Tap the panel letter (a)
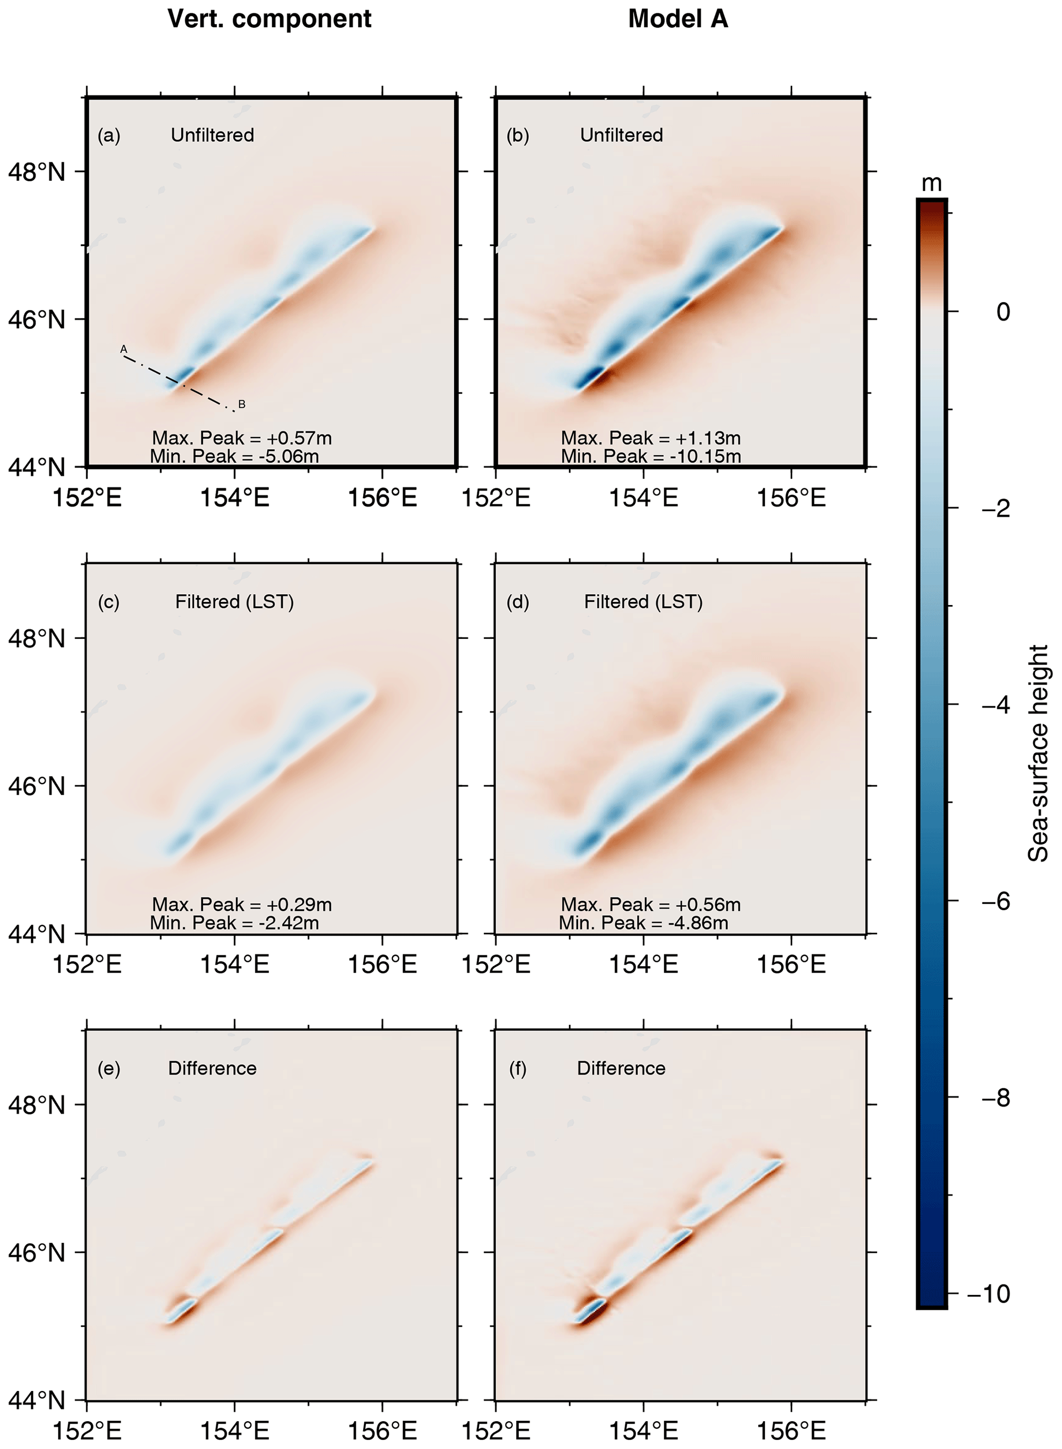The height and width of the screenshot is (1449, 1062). click(x=108, y=136)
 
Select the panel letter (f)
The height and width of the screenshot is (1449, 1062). click(x=517, y=1068)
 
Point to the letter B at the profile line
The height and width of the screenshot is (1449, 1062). click(x=241, y=404)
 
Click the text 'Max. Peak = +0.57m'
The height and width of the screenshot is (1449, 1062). click(x=241, y=438)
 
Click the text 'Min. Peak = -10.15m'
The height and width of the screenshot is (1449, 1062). click(x=650, y=456)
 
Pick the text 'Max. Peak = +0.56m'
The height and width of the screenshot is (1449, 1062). click(x=650, y=904)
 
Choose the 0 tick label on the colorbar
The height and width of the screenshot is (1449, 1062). click(x=1002, y=312)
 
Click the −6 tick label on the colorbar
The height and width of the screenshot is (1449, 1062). click(x=996, y=901)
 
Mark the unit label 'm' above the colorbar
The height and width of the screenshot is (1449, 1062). click(x=931, y=184)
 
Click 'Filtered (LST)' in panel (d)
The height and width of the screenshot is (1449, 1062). click(x=643, y=601)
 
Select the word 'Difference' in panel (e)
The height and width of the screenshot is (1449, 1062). click(x=212, y=1068)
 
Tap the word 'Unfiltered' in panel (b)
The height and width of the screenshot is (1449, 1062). click(x=621, y=135)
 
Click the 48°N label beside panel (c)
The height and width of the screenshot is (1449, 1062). click(x=36, y=638)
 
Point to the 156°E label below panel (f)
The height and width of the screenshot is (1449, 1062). click(x=791, y=1431)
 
